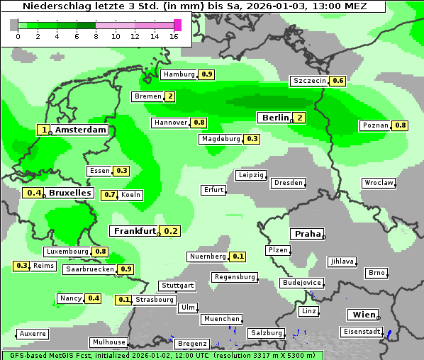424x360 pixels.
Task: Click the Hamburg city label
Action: click(179, 74)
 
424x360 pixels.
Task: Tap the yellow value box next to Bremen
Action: click(170, 96)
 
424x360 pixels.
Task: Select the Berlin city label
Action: click(274, 118)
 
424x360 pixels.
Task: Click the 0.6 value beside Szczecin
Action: click(338, 81)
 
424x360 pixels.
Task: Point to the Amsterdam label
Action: click(80, 130)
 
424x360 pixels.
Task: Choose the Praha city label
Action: click(307, 234)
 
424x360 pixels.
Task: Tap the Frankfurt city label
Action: click(134, 231)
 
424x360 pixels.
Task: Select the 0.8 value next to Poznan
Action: click(401, 125)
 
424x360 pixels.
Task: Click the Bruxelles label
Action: click(69, 193)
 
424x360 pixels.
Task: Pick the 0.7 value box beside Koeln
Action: click(110, 195)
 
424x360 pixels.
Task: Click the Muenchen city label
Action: click(221, 320)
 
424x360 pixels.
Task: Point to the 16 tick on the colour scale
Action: click(174, 35)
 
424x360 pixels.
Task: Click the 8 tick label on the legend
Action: click(96, 35)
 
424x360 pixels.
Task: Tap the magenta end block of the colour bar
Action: click(177, 25)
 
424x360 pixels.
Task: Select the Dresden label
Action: click(288, 183)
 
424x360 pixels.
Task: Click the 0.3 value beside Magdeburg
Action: click(252, 139)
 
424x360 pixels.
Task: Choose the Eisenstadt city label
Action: click(361, 332)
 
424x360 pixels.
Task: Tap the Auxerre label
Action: click(33, 333)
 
